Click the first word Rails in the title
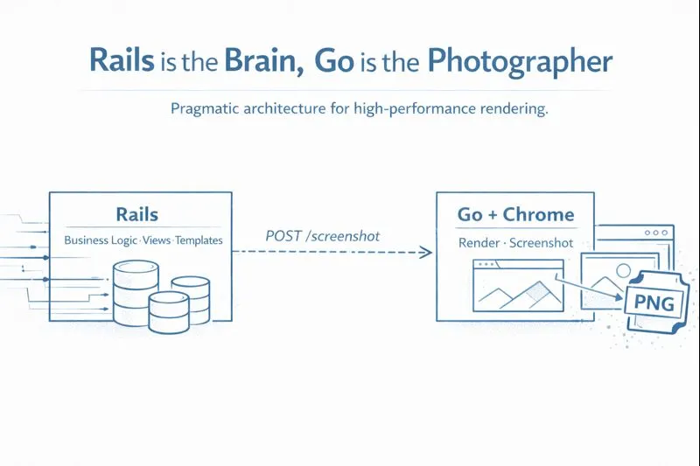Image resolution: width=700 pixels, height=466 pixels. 122,61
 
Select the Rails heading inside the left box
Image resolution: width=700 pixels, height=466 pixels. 136,214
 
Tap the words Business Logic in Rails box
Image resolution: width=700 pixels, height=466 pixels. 101,240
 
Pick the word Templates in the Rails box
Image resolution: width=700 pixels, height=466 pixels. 199,240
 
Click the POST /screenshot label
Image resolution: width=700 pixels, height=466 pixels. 322,237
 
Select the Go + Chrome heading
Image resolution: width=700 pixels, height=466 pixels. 515,215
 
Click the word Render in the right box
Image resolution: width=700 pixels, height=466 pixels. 479,242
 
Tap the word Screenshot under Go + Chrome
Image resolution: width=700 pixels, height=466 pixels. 541,242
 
